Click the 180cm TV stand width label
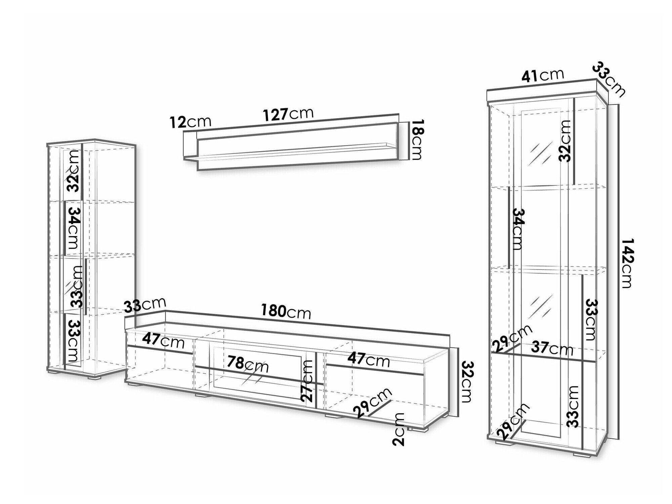click(286, 312)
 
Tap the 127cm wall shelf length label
click(288, 115)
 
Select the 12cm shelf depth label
click(190, 122)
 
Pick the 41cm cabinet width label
click(542, 76)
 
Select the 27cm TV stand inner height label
click(307, 380)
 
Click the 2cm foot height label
click(400, 429)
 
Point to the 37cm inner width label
click(552, 349)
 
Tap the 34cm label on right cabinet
click(518, 229)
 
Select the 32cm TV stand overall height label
click(467, 381)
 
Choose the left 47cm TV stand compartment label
click(163, 341)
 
